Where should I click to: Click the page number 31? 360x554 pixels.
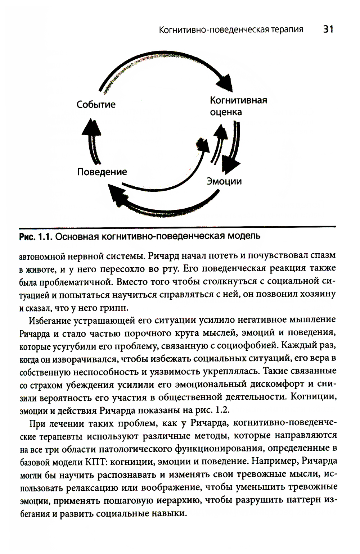pos(328,29)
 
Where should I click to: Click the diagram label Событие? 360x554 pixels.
pos(96,105)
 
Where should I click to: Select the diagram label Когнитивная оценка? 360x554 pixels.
pos(238,106)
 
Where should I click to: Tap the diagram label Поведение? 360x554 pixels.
pos(102,172)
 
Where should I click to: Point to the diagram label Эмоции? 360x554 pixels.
pos(224,181)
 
